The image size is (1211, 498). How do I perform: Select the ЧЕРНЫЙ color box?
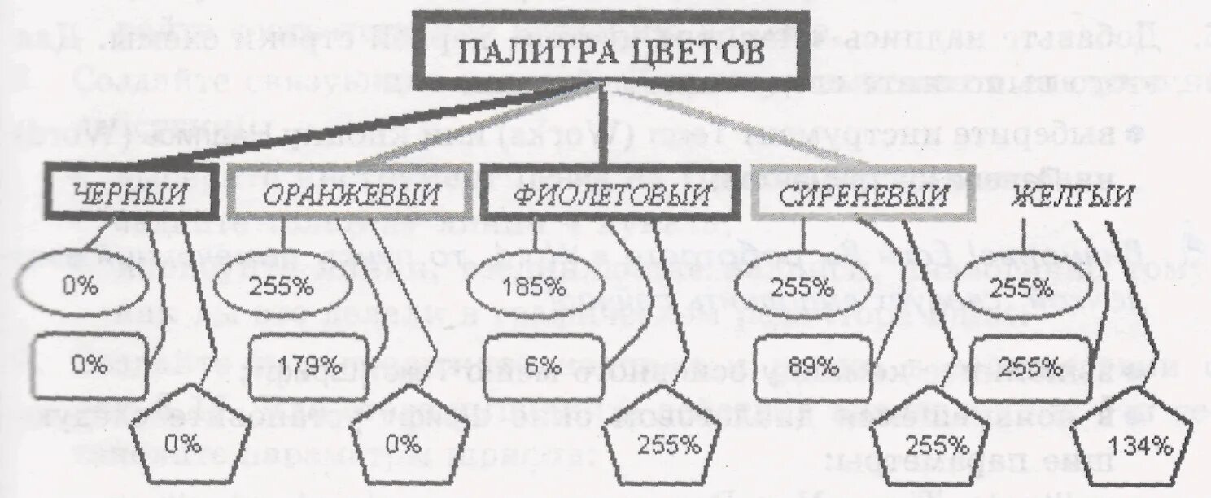coord(131,193)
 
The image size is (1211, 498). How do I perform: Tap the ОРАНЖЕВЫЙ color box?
coord(350,194)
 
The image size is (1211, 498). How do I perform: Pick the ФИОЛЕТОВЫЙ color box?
coord(605,194)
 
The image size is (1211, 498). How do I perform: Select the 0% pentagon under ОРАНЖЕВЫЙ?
coord(402,444)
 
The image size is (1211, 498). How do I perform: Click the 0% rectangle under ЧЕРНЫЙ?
coord(89,364)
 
